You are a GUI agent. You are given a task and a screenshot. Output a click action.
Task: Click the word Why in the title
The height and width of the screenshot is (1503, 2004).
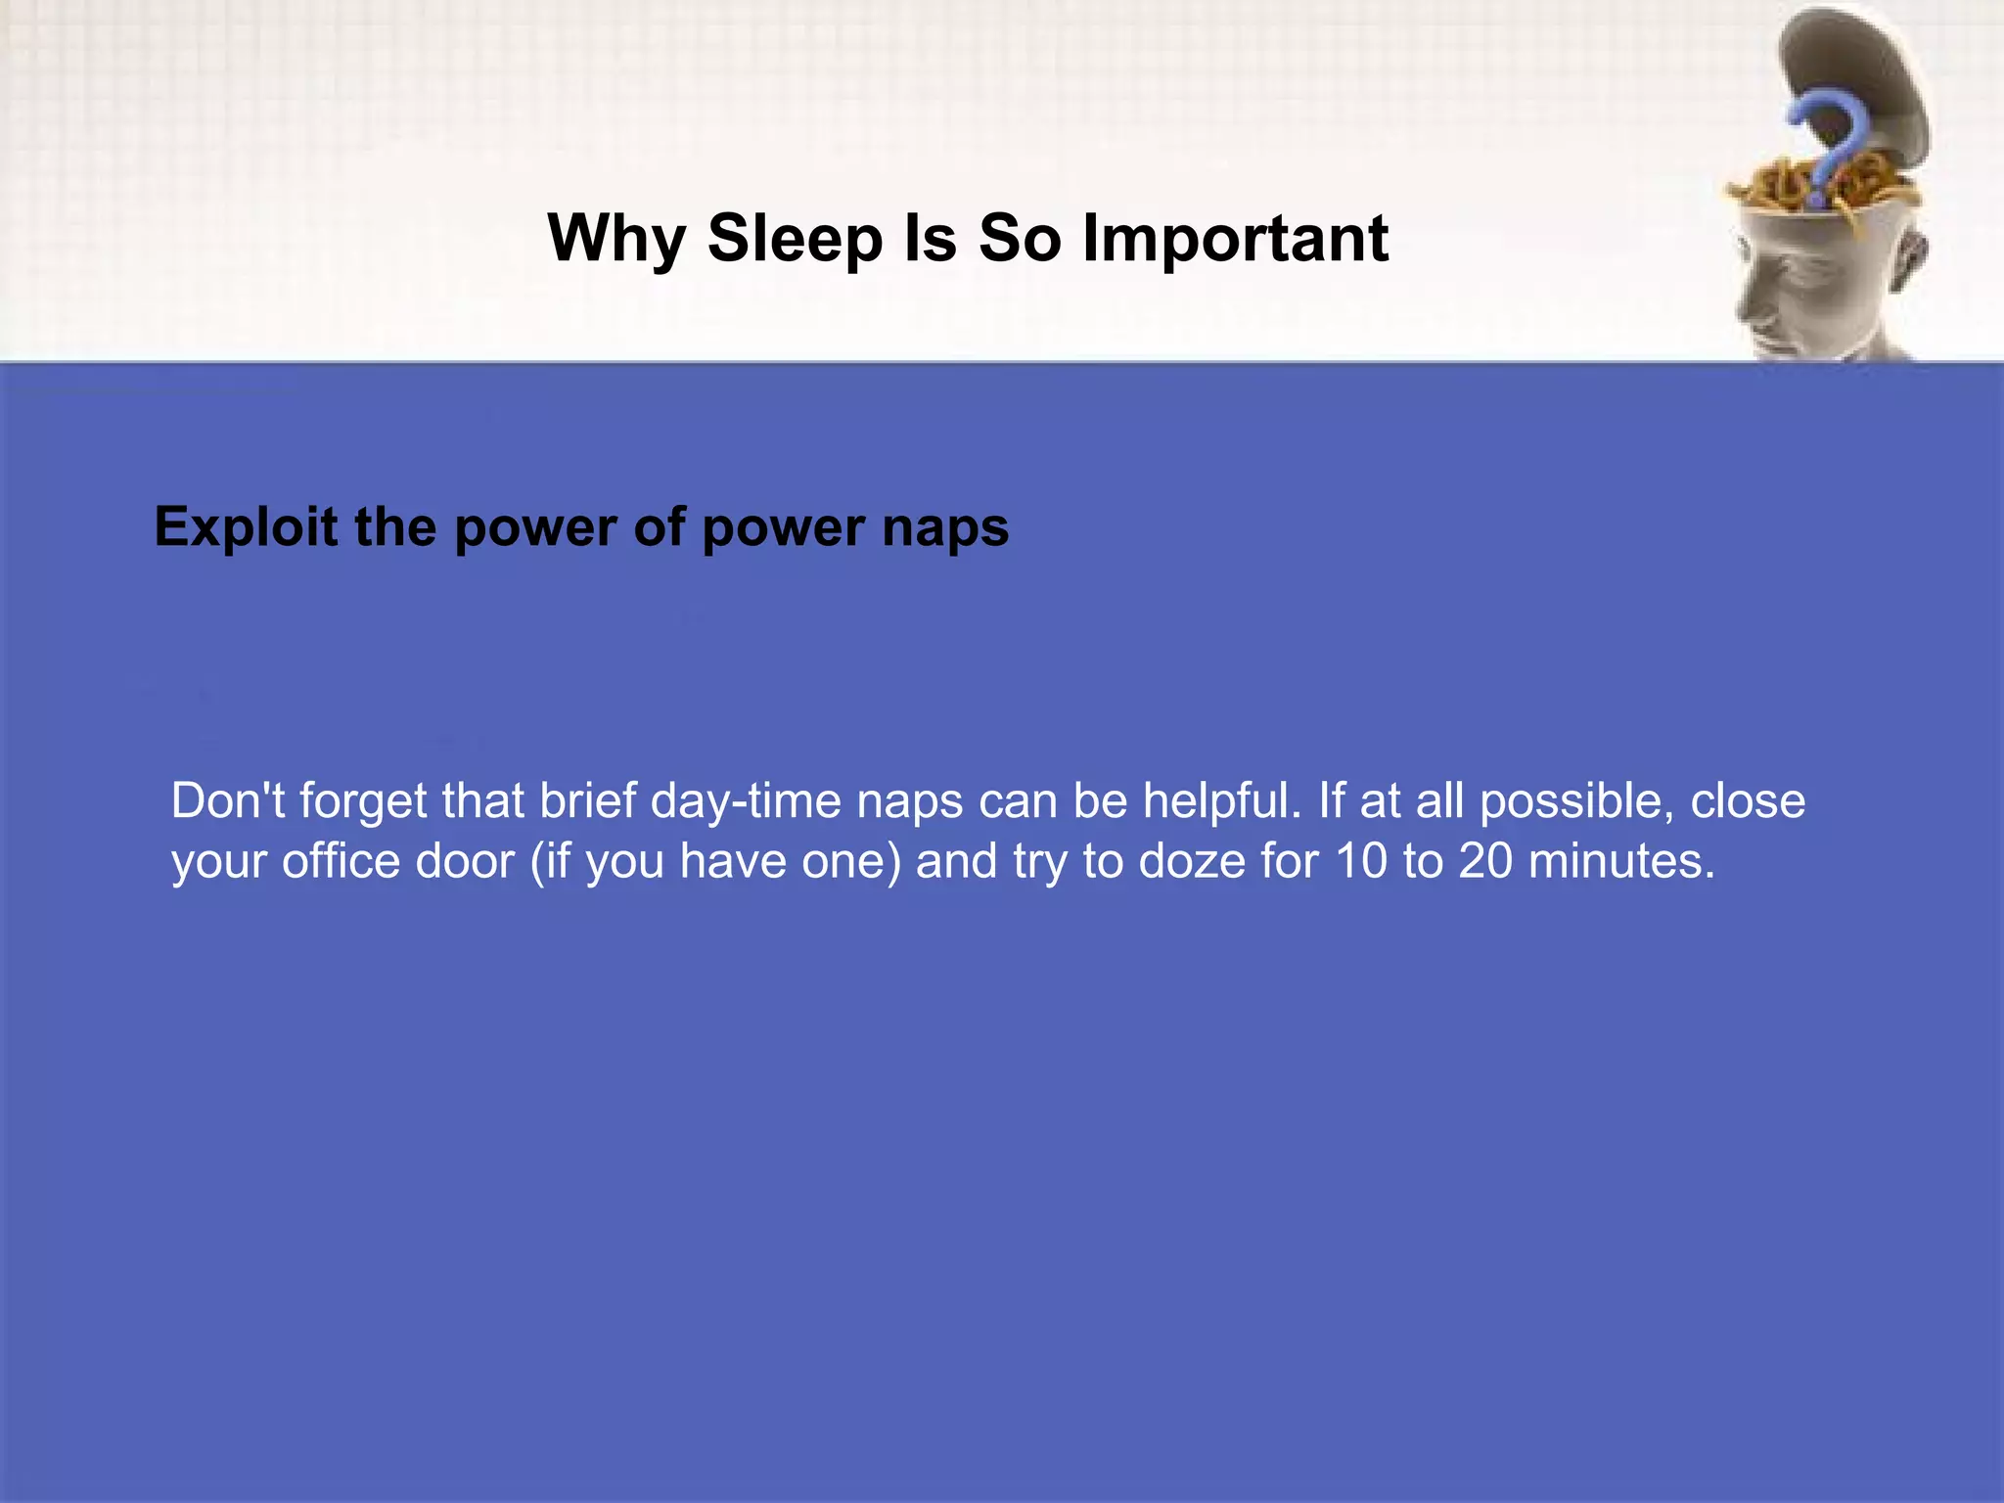pos(616,240)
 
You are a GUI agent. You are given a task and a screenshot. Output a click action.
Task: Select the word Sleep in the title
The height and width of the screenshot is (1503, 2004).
pos(794,240)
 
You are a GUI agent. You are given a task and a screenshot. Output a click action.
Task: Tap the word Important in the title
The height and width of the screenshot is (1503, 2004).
pos(1235,240)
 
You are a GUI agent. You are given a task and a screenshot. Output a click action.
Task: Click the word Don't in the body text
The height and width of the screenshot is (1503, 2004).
pos(228,800)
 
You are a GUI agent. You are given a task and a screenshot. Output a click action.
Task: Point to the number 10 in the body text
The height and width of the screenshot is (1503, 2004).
pos(1361,861)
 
